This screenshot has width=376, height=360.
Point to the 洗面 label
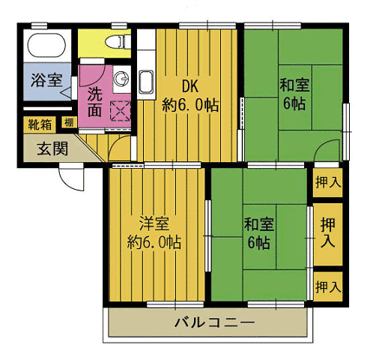pos(94,102)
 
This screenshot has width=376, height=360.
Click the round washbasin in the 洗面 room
pos(122,79)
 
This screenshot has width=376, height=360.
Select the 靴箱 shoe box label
pos(40,124)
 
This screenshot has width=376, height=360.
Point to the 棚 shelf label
pos(68,124)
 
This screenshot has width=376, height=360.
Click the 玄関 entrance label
pos(53,148)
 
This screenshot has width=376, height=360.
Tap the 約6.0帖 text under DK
pos(190,106)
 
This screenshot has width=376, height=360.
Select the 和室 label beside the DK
pos(294,84)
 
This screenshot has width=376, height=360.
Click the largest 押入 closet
pos(328,232)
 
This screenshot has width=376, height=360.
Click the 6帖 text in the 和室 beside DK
pos(294,103)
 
